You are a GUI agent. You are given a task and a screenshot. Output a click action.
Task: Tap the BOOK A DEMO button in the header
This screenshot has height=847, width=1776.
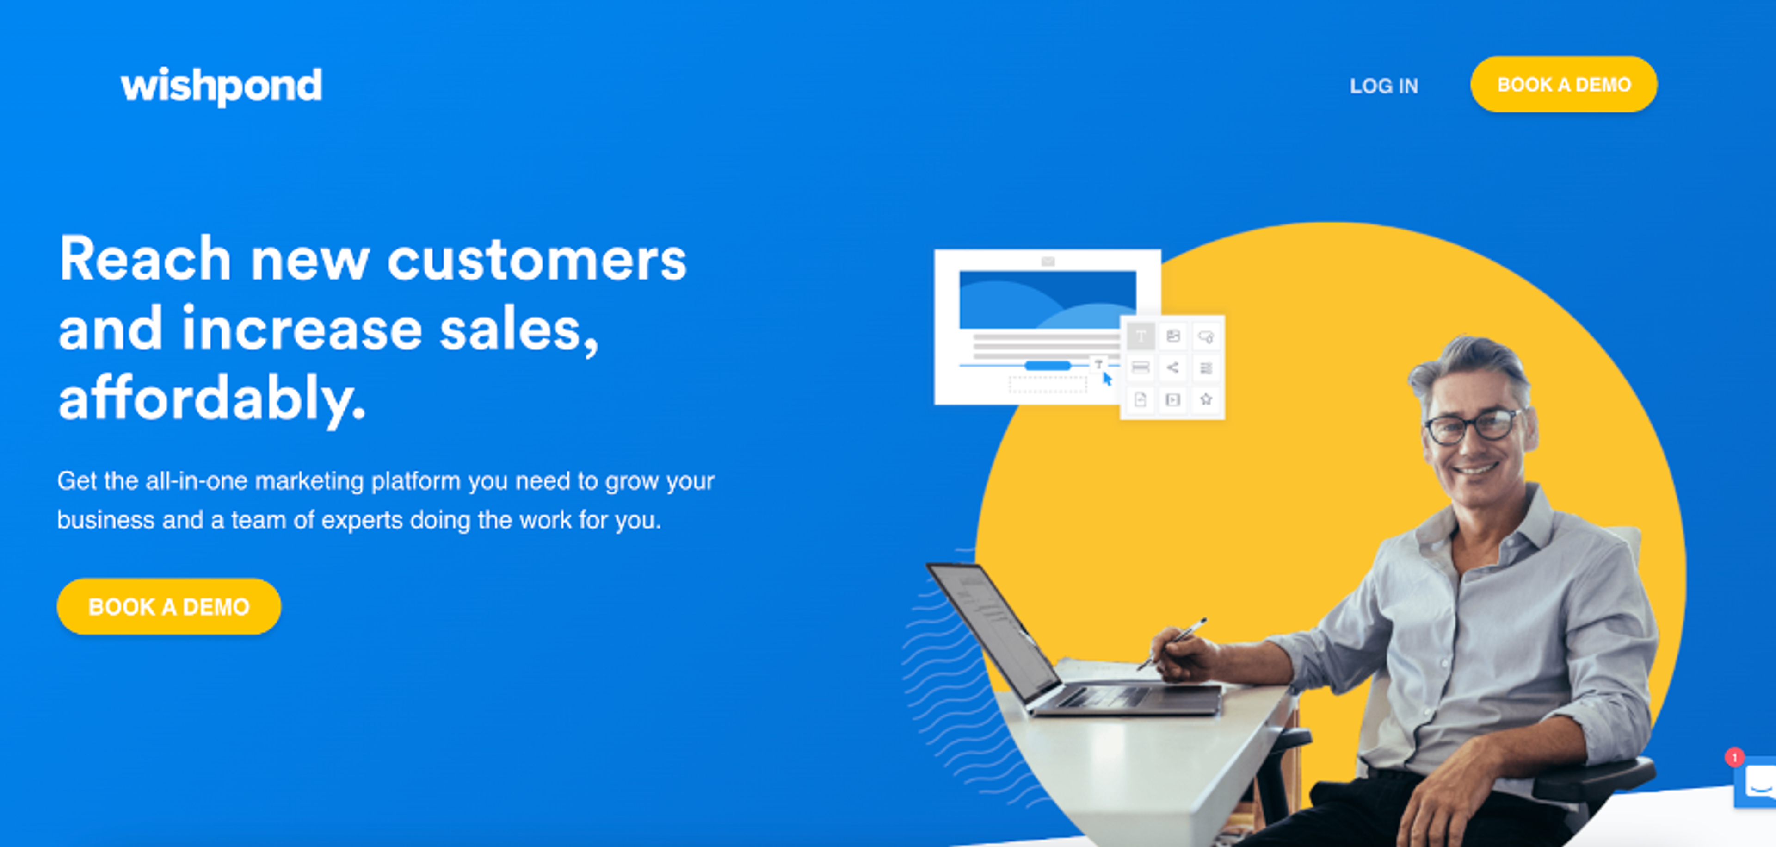click(x=1564, y=84)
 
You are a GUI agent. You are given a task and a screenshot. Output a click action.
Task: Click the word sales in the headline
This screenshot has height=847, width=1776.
click(x=518, y=330)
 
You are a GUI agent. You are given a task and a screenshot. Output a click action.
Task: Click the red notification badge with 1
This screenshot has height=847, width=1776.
click(x=1735, y=757)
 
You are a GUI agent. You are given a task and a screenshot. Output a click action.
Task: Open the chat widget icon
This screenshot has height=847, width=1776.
click(x=1757, y=783)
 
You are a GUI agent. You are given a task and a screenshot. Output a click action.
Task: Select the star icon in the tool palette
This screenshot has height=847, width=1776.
click(x=1206, y=399)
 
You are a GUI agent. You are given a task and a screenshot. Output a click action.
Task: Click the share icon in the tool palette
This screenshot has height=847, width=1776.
click(x=1173, y=367)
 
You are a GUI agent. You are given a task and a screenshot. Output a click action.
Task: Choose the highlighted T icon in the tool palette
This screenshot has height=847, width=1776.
click(x=1141, y=336)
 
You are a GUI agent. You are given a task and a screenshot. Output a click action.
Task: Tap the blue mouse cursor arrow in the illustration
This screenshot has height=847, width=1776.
click(x=1107, y=379)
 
